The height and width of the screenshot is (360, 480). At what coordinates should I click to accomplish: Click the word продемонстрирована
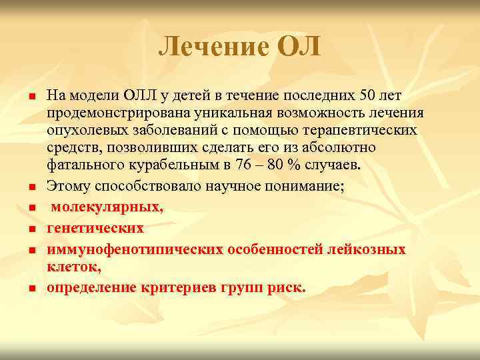click(x=111, y=113)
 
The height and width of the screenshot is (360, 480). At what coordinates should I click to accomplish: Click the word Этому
click(x=69, y=187)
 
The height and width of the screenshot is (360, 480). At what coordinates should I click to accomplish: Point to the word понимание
click(x=303, y=187)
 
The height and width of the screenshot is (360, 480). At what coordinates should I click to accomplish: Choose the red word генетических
click(x=95, y=228)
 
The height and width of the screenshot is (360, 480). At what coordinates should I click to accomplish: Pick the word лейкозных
click(x=367, y=249)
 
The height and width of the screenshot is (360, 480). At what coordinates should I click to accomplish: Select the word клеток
click(x=73, y=266)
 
